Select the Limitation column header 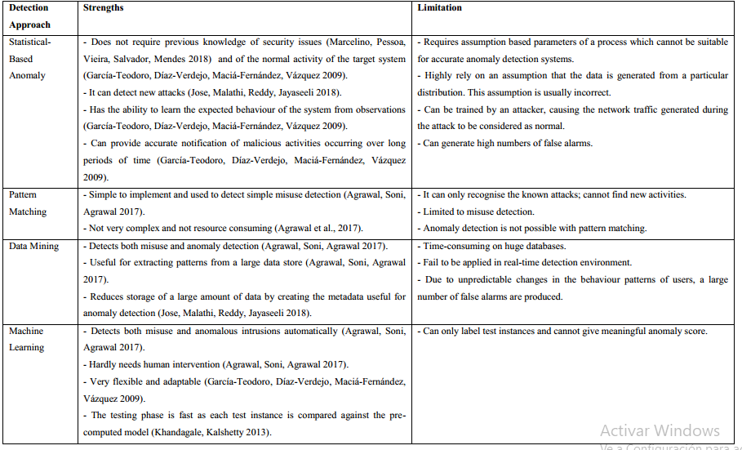439,8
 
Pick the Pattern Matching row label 29,203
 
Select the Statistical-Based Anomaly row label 29,59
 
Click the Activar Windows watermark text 660,430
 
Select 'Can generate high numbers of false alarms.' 506,144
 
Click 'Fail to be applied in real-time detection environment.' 527,262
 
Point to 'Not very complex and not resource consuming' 176,229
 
